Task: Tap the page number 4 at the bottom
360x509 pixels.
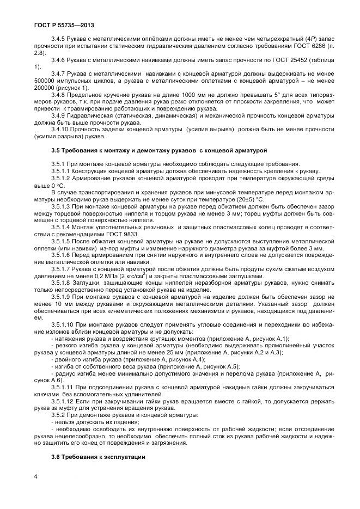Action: click(35, 477)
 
